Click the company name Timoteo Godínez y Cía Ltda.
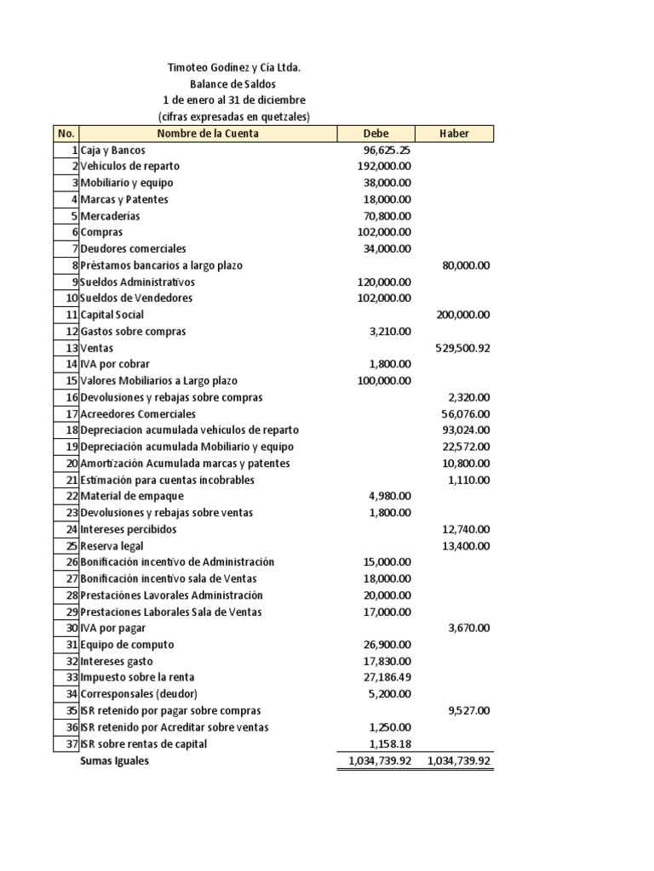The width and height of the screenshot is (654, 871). pyautogui.click(x=233, y=67)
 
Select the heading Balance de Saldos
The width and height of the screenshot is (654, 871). pyautogui.click(x=233, y=84)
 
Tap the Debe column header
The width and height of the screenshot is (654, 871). pyautogui.click(x=376, y=134)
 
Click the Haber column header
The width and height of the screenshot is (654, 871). pyautogui.click(x=454, y=134)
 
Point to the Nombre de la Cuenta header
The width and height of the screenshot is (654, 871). pyautogui.click(x=208, y=134)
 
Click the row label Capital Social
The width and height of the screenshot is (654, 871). pyautogui.click(x=112, y=315)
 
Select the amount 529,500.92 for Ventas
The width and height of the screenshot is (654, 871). pyautogui.click(x=462, y=348)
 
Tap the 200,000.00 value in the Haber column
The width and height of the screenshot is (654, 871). pyautogui.click(x=462, y=315)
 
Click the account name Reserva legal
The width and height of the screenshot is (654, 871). pyautogui.click(x=112, y=546)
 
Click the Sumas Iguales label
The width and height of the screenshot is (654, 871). pyautogui.click(x=114, y=761)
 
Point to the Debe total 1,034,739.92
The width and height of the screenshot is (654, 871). pyautogui.click(x=375, y=761)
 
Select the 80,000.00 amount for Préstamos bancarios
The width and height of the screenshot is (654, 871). pyautogui.click(x=466, y=265)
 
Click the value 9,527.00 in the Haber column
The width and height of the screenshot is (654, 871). pyautogui.click(x=468, y=711)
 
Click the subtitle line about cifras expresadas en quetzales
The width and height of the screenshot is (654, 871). pyautogui.click(x=233, y=117)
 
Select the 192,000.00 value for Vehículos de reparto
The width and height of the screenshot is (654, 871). pyautogui.click(x=384, y=167)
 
